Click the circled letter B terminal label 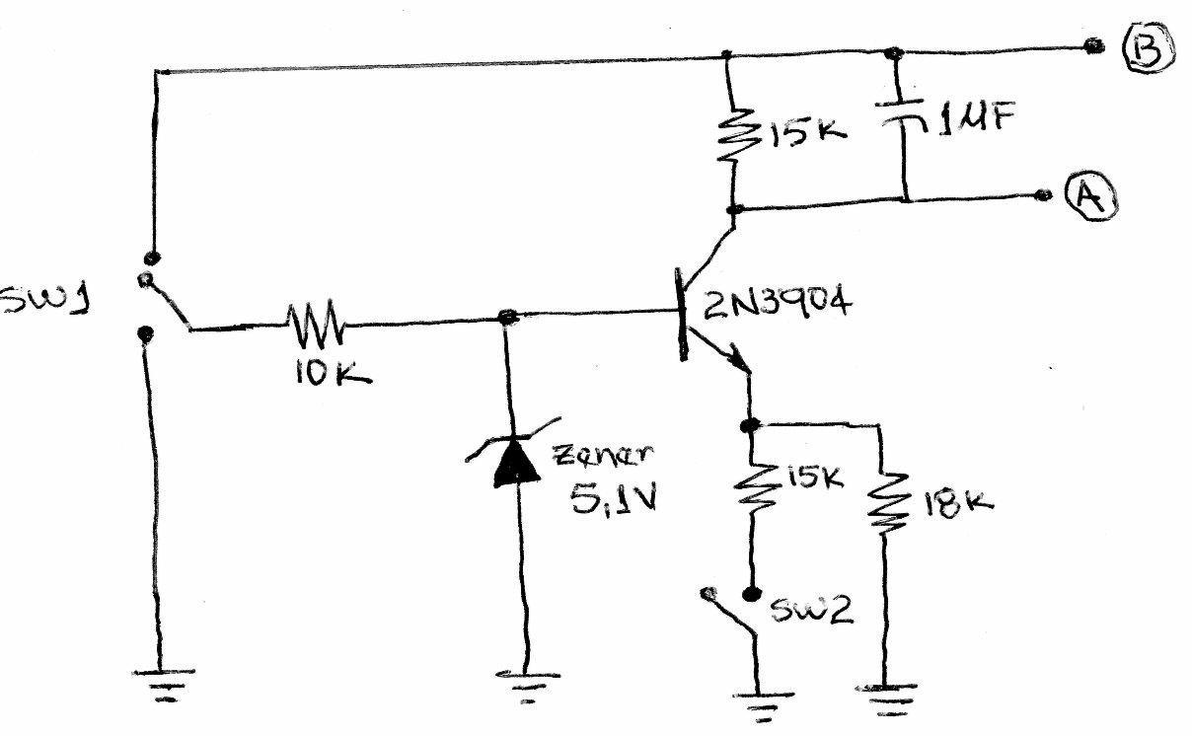(1148, 48)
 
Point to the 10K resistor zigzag (315, 320)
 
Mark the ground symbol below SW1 (162, 682)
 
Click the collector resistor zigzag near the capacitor (732, 138)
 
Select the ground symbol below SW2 (760, 701)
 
